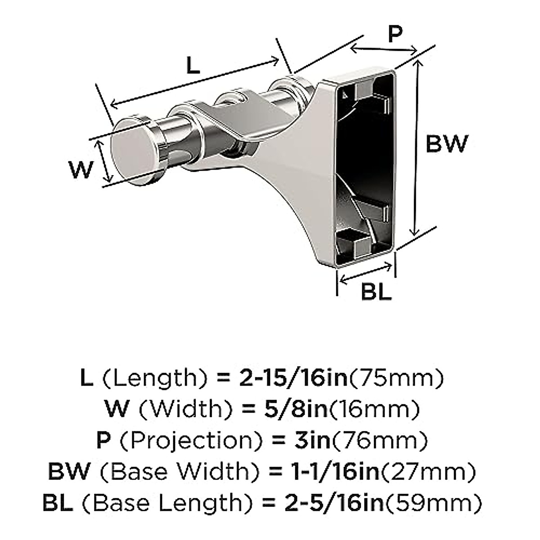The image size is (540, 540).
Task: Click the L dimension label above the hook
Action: pyautogui.click(x=193, y=66)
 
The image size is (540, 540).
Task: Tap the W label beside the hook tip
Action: pyautogui.click(x=81, y=170)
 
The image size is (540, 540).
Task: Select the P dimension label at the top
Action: pyautogui.click(x=395, y=34)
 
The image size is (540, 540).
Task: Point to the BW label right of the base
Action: pyautogui.click(x=447, y=144)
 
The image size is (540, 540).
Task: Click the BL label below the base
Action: pyautogui.click(x=376, y=292)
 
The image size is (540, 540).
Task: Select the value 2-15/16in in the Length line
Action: pyautogui.click(x=292, y=378)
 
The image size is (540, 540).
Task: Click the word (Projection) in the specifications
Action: pyautogui.click(x=188, y=441)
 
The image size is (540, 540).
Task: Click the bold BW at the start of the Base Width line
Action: pyautogui.click(x=69, y=472)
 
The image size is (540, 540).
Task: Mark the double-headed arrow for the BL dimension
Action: pyautogui.click(x=366, y=273)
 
